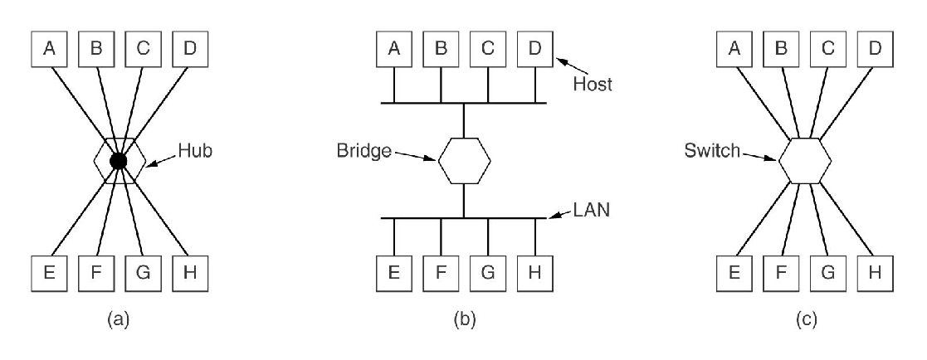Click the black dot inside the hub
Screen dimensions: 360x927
[119, 161]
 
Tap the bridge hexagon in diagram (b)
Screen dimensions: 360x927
[464, 160]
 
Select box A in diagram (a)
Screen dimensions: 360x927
[50, 51]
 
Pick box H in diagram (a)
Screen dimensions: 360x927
[190, 271]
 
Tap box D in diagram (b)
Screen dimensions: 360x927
[534, 51]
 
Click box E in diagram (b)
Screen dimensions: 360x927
[394, 271]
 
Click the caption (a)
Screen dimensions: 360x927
[120, 319]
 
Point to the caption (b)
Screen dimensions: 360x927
[464, 319]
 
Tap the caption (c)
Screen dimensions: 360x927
[804, 319]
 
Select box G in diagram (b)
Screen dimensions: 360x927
[488, 271]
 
